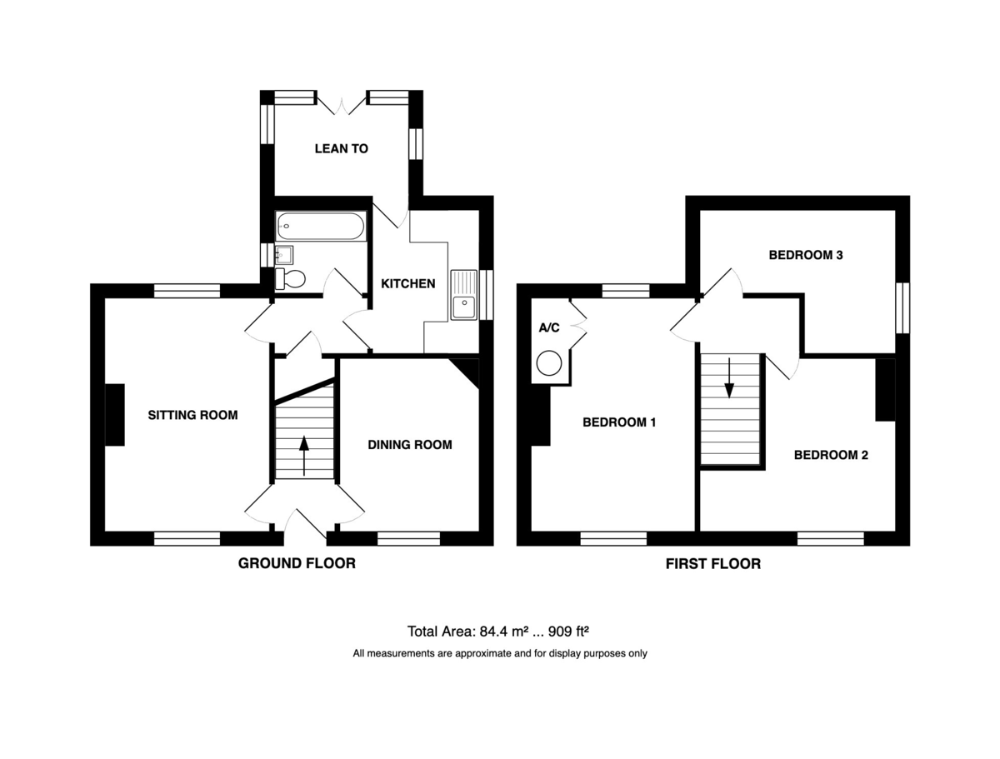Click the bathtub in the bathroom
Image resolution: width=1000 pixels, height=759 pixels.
321,226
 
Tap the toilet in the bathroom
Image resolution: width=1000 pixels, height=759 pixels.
290,278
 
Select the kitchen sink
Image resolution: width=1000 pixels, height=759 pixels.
463,295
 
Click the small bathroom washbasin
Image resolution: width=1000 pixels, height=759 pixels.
284,255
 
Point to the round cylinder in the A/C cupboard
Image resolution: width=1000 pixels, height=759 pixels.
548,363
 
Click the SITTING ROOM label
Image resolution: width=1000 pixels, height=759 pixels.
192,415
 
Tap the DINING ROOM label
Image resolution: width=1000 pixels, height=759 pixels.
409,444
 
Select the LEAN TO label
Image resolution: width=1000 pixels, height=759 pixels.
341,148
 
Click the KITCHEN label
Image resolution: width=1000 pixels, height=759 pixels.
407,283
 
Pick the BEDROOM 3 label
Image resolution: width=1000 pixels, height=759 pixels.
806,255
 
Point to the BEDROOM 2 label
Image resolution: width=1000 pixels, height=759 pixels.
831,455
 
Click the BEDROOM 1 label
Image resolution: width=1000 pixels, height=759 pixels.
619,422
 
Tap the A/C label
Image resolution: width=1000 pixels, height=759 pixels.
549,327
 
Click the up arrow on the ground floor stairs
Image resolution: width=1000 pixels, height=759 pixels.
304,456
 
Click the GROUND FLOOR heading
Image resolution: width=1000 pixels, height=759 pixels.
297,563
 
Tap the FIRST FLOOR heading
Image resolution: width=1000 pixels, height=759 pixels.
713,564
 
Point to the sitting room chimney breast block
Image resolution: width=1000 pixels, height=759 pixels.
115,415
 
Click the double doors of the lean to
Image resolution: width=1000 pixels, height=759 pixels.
341,104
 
